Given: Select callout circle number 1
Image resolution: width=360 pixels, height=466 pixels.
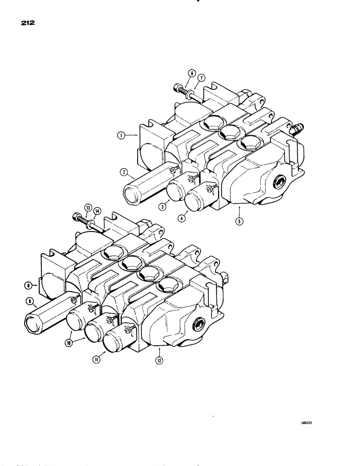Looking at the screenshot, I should pos(120,136).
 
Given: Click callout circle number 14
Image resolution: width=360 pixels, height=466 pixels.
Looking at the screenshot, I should pos(97,212).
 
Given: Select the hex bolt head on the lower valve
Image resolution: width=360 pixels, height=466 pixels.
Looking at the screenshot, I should pos(76,218).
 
